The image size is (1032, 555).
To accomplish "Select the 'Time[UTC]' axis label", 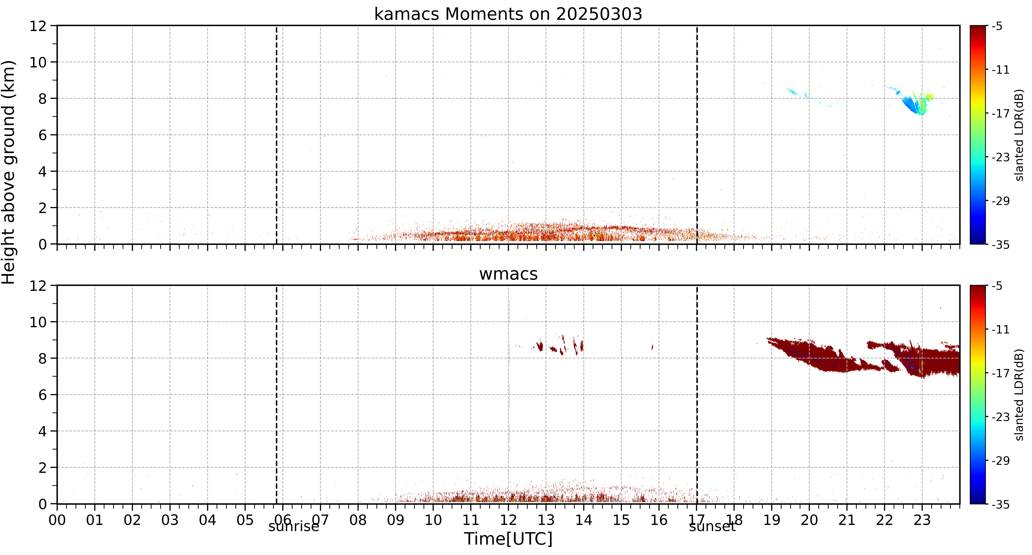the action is pos(508,539).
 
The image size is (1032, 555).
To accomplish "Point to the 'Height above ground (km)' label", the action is pos(9,172).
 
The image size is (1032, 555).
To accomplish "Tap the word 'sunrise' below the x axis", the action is pos(294,527).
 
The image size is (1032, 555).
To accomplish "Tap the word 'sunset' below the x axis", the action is pos(712,527).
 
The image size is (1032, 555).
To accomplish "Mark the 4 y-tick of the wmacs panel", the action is pos(42,431).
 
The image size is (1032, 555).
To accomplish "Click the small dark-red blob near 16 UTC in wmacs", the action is pos(652,347).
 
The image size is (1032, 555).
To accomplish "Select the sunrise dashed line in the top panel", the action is pos(276,135).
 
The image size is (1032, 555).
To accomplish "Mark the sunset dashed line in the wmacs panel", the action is pos(697,394).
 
